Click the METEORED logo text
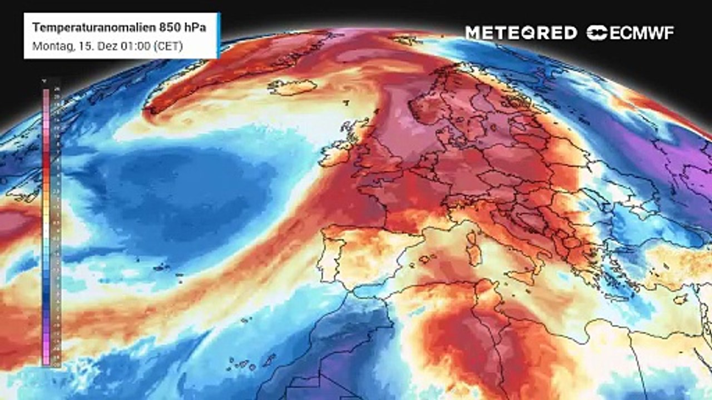point(521,33)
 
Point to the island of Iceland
point(293,87)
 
